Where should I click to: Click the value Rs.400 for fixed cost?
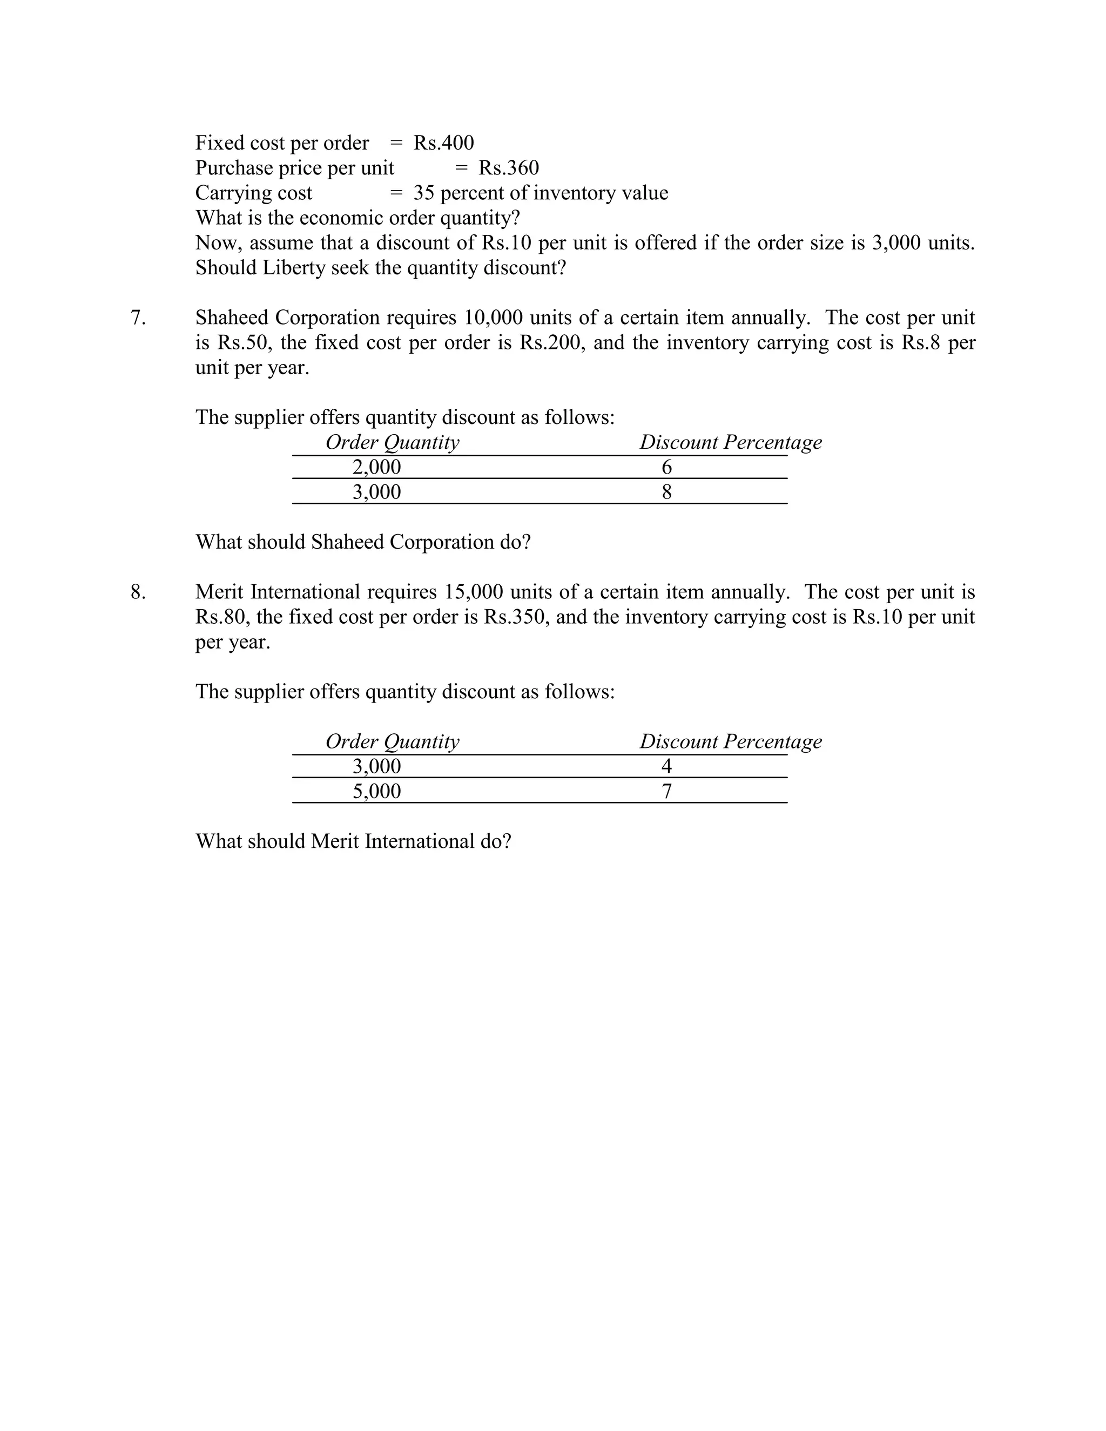pos(443,143)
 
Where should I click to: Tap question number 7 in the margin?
pos(138,318)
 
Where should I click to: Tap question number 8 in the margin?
pos(138,592)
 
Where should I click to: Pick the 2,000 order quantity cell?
pos(377,467)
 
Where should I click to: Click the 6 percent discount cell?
pos(666,467)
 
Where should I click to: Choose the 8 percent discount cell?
pos(666,492)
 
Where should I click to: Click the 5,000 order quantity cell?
pos(377,792)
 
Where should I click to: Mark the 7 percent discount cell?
pos(666,792)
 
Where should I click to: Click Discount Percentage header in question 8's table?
pos(731,742)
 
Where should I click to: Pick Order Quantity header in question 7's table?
pos(393,443)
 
